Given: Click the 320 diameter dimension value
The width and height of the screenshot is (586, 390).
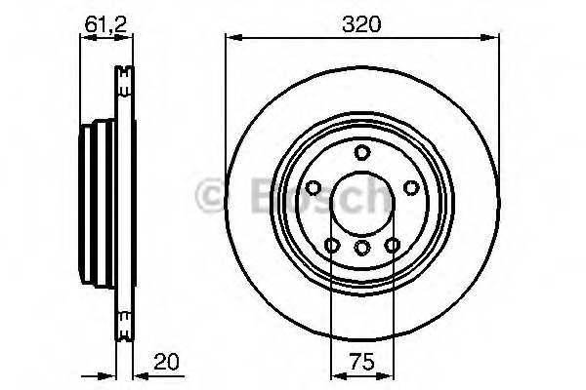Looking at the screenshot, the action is pos(361,24).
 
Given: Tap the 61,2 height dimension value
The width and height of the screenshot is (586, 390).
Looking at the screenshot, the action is pos(106,24).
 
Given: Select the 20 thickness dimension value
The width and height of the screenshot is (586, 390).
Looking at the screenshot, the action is pos(166,362).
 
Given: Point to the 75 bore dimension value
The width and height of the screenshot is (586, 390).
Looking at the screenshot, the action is pos(361,362).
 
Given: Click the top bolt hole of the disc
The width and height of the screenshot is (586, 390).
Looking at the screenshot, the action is pos(362,152).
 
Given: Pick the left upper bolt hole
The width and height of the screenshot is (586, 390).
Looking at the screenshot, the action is pos(314,188).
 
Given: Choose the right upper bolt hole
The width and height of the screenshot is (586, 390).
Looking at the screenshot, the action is pos(411,188).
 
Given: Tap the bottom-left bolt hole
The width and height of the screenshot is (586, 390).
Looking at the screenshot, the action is pos(332,246).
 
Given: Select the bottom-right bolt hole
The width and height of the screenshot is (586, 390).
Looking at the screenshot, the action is pos(393,246).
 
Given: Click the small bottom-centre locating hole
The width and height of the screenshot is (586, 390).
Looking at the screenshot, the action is pos(362,248).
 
